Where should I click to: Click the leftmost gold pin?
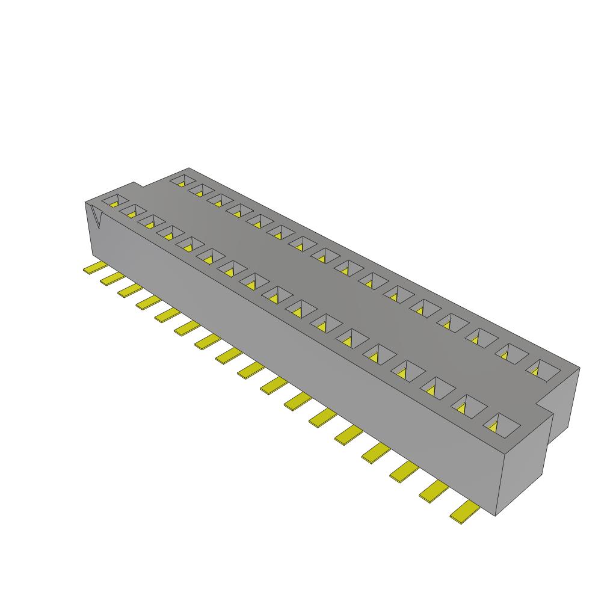tap(93, 268)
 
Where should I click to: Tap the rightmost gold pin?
tap(465, 513)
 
